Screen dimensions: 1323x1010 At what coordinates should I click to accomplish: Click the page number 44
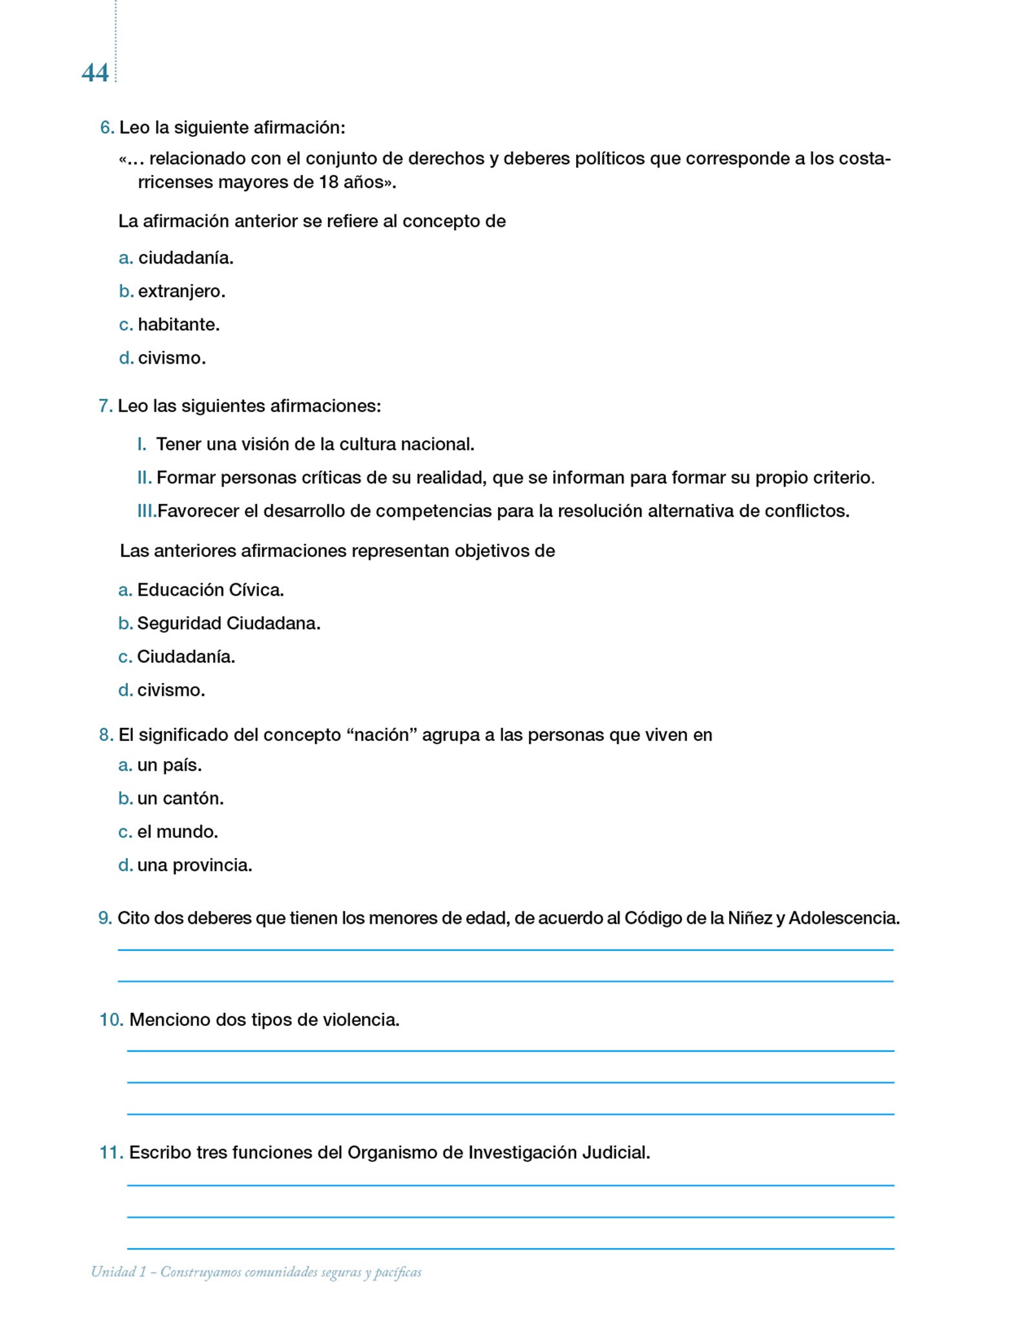[x=95, y=73]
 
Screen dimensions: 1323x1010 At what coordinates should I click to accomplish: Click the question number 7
[x=105, y=406]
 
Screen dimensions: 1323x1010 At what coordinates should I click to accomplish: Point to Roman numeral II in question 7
[x=144, y=478]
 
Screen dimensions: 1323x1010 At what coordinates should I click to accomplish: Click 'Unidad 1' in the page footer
[x=118, y=1272]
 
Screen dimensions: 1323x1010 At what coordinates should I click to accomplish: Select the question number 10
[x=111, y=1020]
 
